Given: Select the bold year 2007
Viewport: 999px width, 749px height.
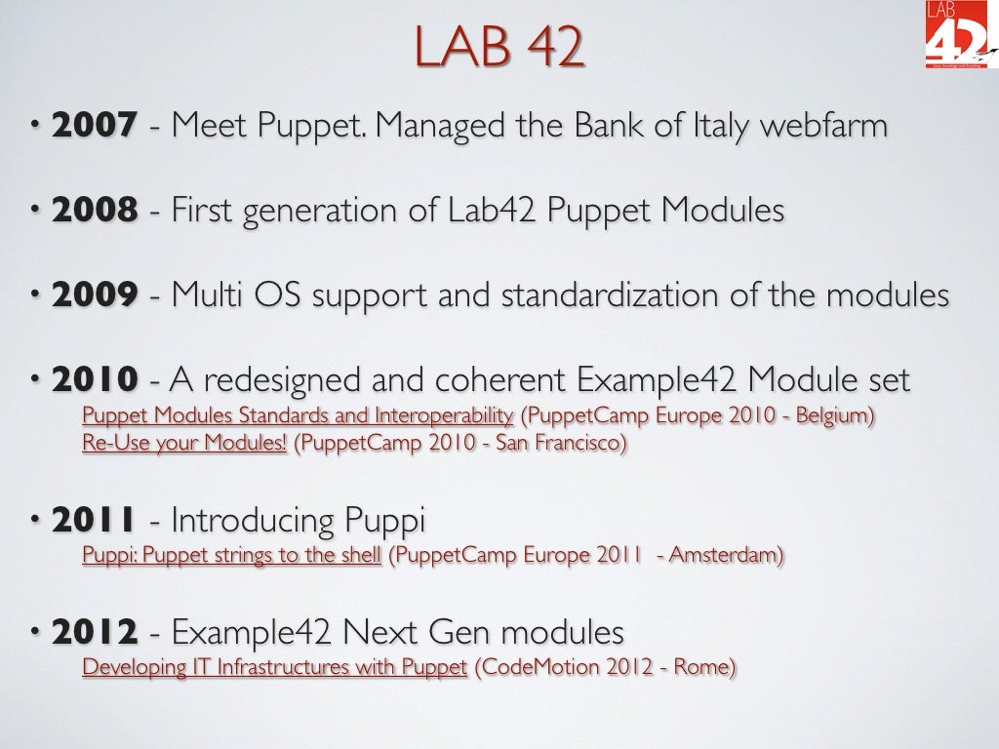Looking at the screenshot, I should click(x=94, y=126).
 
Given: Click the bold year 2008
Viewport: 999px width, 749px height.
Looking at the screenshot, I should click(x=94, y=211).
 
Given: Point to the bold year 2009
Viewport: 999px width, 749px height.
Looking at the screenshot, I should click(x=94, y=296).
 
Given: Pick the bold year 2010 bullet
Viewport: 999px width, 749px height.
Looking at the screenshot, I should click(x=94, y=380).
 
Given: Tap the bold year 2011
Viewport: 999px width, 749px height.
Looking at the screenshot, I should click(x=94, y=521).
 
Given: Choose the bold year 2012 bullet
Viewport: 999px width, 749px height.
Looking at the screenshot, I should click(x=94, y=633).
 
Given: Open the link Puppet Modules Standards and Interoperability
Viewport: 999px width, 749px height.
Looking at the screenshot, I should click(x=298, y=415).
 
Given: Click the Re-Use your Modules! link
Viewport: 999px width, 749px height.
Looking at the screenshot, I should click(x=184, y=444).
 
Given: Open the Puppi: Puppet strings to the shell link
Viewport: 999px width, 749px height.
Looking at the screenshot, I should click(x=231, y=556).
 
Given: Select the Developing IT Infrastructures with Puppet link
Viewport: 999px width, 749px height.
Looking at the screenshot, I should click(x=275, y=668).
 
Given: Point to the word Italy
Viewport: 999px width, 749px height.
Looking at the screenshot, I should click(x=704, y=126).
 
